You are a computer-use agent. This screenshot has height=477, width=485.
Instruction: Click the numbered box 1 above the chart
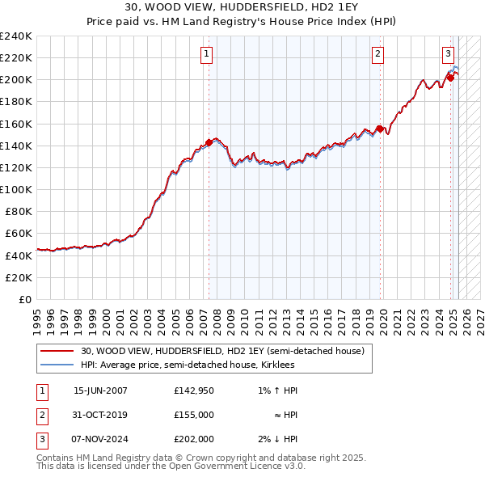(x=207, y=54)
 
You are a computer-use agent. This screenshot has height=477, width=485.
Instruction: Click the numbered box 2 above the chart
(x=377, y=54)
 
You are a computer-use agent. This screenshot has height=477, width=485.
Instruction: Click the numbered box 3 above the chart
(x=448, y=54)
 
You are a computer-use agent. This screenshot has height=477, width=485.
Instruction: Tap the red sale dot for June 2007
(x=209, y=142)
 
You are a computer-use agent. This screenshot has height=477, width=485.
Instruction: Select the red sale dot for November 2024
(x=450, y=78)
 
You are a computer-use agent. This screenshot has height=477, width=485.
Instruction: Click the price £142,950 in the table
(x=194, y=390)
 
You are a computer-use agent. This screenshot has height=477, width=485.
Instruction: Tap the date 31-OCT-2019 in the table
(x=100, y=415)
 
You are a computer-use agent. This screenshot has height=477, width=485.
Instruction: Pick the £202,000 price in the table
(x=194, y=439)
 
